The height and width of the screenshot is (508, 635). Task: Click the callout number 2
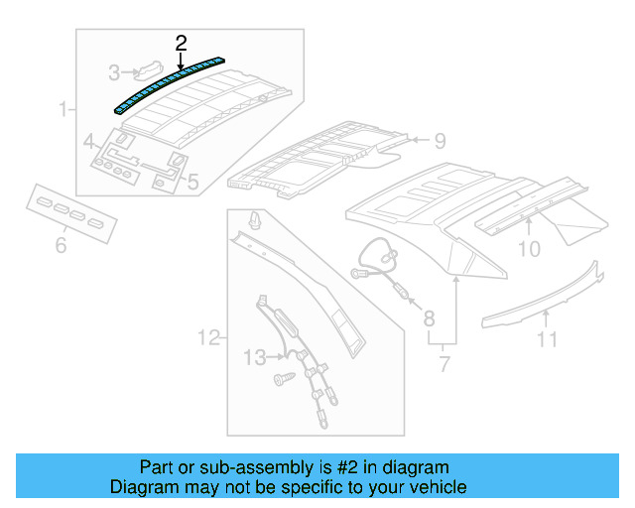(181, 43)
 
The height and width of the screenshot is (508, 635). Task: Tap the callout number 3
(114, 72)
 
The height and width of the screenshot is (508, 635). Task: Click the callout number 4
(89, 141)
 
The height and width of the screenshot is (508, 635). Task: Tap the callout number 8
(429, 318)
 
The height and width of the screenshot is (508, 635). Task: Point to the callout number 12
(207, 339)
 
